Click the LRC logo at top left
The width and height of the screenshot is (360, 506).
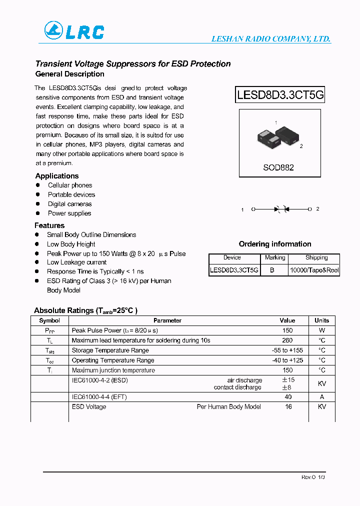(x=74, y=31)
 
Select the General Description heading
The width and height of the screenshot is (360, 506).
(x=69, y=74)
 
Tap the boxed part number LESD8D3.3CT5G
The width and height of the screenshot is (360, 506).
(x=280, y=94)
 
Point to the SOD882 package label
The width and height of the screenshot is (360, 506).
(x=278, y=167)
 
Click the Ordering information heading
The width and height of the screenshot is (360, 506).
(x=274, y=244)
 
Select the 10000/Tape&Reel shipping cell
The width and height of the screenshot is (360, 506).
(x=314, y=270)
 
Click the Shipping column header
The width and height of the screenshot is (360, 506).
(x=316, y=258)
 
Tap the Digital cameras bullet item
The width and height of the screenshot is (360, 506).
(x=69, y=204)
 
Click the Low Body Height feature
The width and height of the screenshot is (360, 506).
(x=71, y=244)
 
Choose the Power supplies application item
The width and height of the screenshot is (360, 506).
(x=69, y=213)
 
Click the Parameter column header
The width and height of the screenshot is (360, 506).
(x=167, y=320)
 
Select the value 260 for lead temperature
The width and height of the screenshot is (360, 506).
(x=287, y=340)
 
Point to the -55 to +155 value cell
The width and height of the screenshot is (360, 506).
(x=287, y=350)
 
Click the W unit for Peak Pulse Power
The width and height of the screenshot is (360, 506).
(x=322, y=330)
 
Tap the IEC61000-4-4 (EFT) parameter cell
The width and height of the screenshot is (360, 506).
(x=101, y=397)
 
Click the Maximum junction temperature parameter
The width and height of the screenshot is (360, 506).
(x=113, y=370)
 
